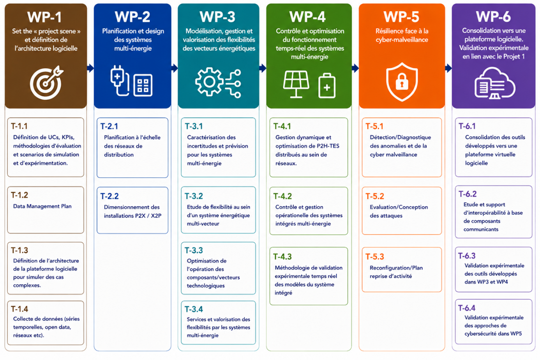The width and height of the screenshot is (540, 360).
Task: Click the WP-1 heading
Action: (x=44, y=17)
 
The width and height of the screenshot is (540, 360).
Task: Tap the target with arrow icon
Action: (x=46, y=82)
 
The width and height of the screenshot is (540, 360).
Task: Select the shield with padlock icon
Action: (x=402, y=82)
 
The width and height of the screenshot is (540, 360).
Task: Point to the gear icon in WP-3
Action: (x=209, y=82)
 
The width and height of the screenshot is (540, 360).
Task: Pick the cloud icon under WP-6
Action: (x=495, y=83)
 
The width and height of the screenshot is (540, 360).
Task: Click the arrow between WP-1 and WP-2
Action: (x=90, y=68)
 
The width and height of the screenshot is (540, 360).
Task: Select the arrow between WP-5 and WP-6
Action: (x=448, y=68)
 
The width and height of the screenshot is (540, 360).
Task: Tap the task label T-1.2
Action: (x=19, y=195)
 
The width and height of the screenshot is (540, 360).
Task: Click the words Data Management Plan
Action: (x=42, y=206)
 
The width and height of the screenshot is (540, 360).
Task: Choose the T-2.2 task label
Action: (x=109, y=196)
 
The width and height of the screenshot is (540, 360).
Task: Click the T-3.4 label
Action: (x=194, y=309)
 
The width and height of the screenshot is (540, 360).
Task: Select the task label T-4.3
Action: (x=282, y=256)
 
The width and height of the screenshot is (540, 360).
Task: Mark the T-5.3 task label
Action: (x=375, y=256)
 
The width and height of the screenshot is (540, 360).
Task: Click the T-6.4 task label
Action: (x=467, y=308)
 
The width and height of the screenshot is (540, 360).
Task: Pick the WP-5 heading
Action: (x=401, y=17)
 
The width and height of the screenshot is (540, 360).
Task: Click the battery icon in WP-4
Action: (x=327, y=86)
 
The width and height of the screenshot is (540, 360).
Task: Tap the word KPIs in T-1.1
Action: (x=68, y=137)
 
